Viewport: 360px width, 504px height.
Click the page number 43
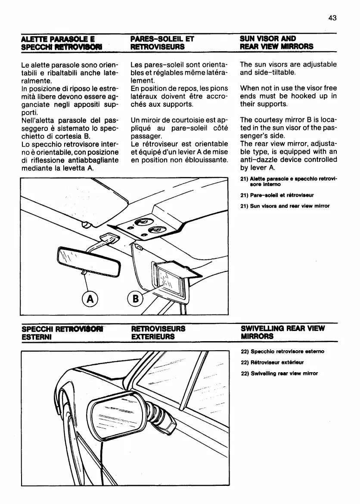click(332, 18)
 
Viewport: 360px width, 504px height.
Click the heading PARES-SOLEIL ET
click(162, 38)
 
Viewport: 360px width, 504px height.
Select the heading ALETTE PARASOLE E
click(54, 38)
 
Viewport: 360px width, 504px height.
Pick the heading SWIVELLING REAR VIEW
click(282, 328)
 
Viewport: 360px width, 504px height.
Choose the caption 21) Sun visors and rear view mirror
click(285, 206)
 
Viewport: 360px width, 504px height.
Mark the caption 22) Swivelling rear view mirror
click(279, 373)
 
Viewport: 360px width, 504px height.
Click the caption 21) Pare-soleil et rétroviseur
click(277, 195)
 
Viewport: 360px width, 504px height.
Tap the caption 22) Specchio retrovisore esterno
click(282, 351)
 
